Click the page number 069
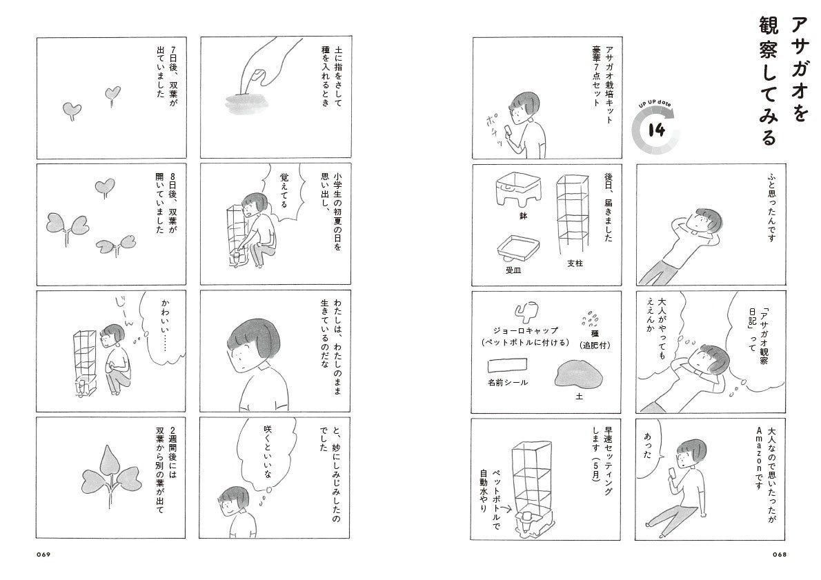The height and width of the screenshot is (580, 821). tap(43, 555)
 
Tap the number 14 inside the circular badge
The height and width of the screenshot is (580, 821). tap(657, 129)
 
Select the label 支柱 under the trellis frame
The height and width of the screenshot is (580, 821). tap(575, 263)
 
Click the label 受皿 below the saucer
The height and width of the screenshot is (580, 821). tap(513, 270)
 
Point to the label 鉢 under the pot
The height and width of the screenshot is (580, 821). tap(523, 216)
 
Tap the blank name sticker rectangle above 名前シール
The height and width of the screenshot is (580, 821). tap(507, 365)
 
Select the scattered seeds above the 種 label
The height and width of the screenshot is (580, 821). tap(590, 317)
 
